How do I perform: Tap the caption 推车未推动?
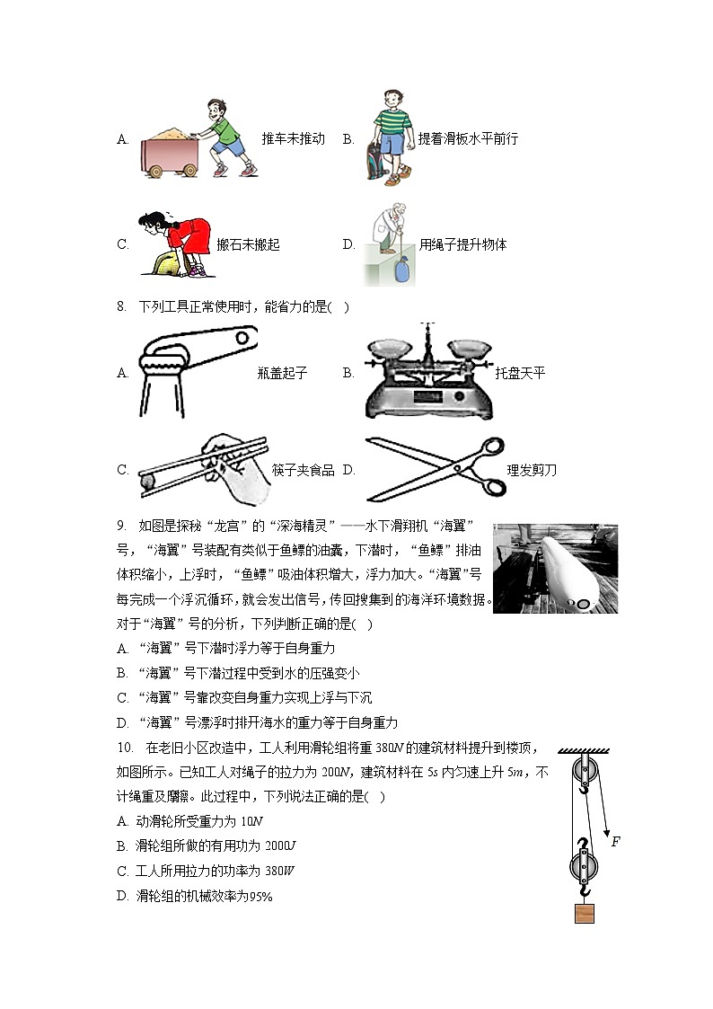[293, 139]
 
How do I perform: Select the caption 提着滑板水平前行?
[468, 139]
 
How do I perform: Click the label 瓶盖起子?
[282, 373]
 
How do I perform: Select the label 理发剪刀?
[532, 470]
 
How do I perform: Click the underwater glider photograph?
[555, 569]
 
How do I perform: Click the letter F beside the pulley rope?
[615, 842]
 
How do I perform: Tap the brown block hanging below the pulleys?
[585, 914]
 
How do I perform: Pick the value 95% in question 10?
[260, 896]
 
